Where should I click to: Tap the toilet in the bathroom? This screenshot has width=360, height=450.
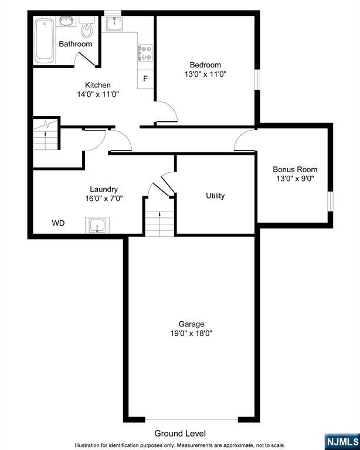[x=88, y=28]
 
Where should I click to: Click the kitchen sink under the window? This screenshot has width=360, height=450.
[x=114, y=23]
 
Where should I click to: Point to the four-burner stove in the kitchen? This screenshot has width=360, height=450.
[x=145, y=54]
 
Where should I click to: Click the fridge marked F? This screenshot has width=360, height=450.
[x=145, y=79]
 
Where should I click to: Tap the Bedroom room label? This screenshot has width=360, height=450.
[x=205, y=65]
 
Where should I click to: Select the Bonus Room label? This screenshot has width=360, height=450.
[x=295, y=170]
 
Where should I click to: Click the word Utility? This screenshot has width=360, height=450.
[x=215, y=196]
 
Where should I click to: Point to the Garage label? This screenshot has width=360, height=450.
[x=191, y=324]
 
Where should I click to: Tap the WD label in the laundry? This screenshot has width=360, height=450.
[x=58, y=223]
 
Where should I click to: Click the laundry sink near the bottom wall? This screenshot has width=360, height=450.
[x=96, y=225]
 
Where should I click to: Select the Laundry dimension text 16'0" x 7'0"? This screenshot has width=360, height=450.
[x=103, y=198]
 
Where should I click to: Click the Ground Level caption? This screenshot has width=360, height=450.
[x=180, y=434]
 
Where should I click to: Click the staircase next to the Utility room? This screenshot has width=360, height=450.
[x=160, y=222]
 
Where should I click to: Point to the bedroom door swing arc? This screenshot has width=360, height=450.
[x=168, y=111]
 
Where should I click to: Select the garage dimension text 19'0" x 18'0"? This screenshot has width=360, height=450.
[x=191, y=333]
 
